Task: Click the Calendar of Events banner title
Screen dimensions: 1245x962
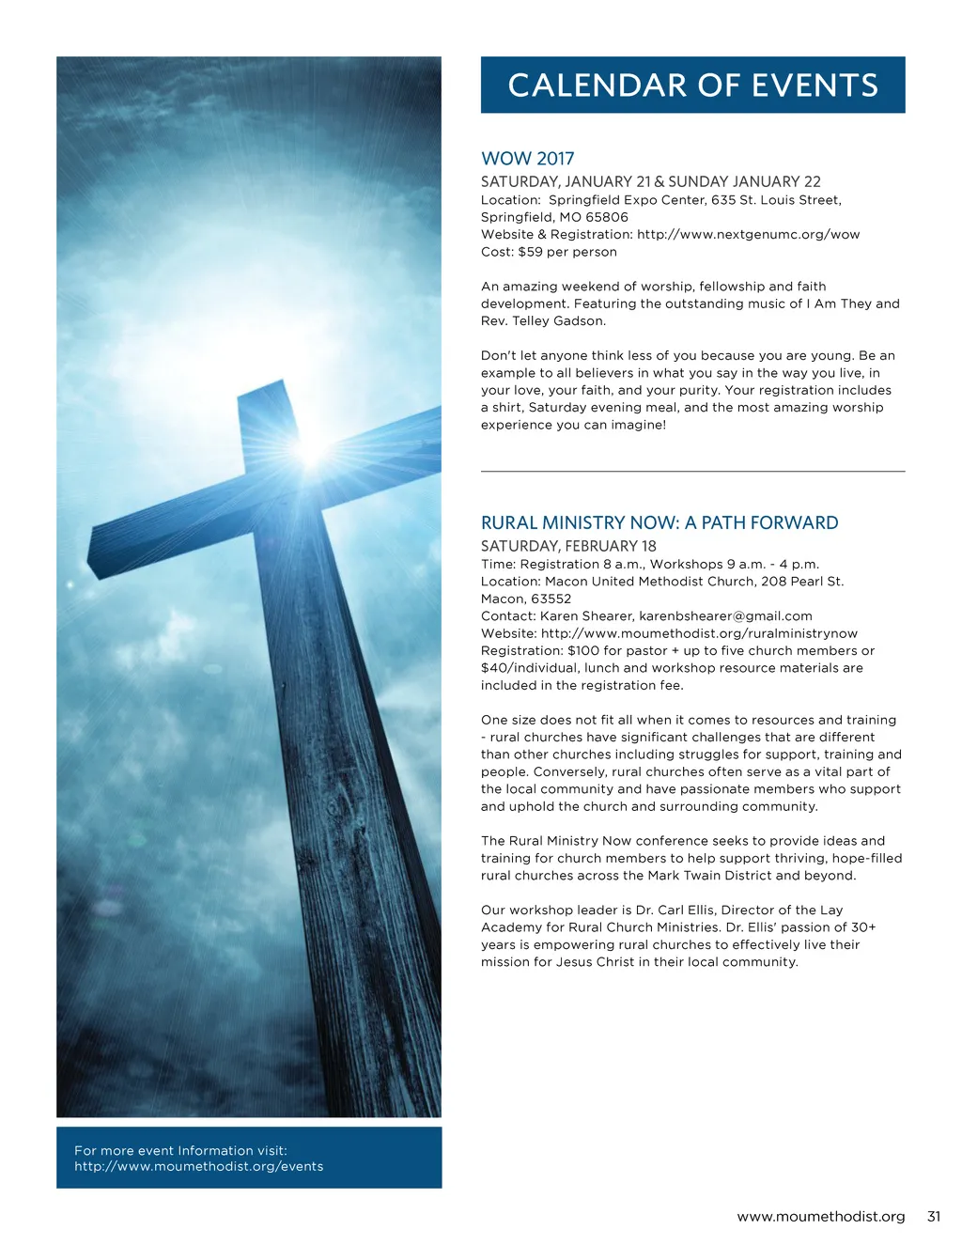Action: point(692,86)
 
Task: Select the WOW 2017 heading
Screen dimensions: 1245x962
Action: point(527,159)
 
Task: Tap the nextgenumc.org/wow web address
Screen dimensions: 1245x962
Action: point(748,235)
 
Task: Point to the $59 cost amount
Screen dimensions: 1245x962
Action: point(530,252)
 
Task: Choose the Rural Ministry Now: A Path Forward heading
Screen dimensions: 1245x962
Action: point(659,523)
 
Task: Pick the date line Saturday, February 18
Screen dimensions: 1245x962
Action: point(568,546)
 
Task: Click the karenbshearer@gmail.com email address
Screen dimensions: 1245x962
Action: point(725,616)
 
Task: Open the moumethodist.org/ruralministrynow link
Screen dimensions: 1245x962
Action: point(699,633)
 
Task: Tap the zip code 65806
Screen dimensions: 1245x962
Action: point(607,217)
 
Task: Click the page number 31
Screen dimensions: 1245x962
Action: point(933,1216)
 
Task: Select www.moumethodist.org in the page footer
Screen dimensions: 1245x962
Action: point(820,1216)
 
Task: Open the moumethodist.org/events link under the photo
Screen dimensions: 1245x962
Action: point(198,1166)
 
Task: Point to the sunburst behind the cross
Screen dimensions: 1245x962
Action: point(310,450)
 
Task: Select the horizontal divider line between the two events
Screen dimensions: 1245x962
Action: point(692,471)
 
